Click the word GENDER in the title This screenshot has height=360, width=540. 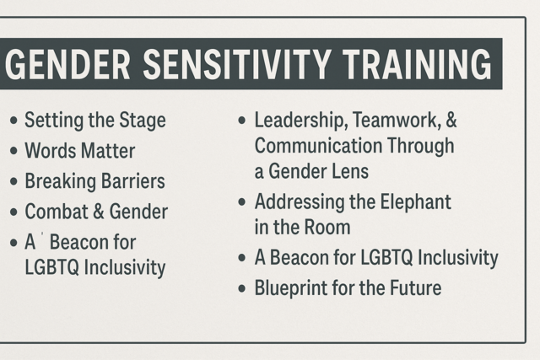click(67, 64)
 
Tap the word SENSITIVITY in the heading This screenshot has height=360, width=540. click(237, 64)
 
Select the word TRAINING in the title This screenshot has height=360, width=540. click(418, 64)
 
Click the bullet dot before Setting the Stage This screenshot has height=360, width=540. click(13, 121)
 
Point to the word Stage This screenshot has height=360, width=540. click(143, 121)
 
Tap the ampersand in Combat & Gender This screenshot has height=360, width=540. click(99, 212)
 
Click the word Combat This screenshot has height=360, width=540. click(57, 212)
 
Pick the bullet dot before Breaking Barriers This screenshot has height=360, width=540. click(13, 181)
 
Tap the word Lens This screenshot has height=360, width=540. click(353, 171)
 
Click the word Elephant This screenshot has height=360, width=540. click(415, 202)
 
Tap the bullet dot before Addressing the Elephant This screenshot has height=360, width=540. click(242, 201)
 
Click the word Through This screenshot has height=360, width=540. click(421, 146)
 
